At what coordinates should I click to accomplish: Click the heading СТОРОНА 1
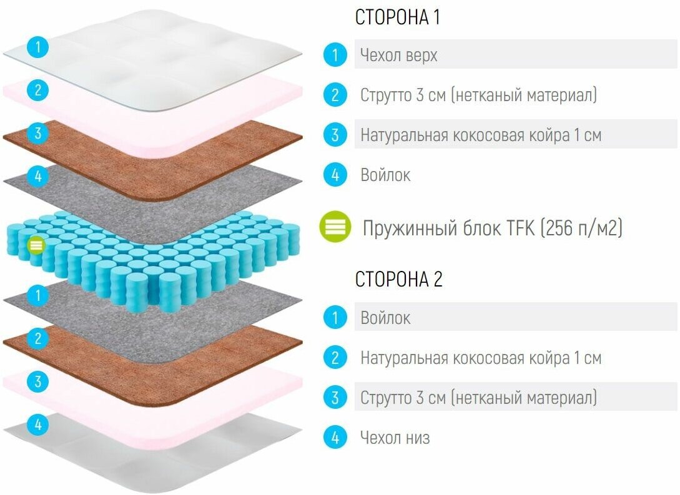[x=397, y=17]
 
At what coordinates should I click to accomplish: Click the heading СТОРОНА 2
[x=398, y=279]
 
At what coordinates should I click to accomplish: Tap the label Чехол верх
[x=398, y=56]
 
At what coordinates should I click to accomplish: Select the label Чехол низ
[x=395, y=438]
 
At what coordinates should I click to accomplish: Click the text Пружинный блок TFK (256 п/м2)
[x=493, y=228]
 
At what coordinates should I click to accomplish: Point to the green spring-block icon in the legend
[x=335, y=228]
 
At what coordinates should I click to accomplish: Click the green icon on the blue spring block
[x=36, y=245]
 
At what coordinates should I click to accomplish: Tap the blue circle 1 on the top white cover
[x=38, y=47]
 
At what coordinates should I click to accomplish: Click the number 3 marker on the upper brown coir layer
[x=38, y=133]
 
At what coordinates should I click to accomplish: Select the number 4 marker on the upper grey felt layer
[x=38, y=176]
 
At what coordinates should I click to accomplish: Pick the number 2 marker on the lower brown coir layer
[x=38, y=338]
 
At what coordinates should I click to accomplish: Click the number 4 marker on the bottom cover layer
[x=38, y=425]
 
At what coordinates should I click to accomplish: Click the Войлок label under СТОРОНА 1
[x=385, y=175]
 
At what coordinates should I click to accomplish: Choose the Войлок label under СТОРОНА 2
[x=385, y=318]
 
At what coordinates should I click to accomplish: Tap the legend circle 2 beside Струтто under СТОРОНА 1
[x=335, y=95]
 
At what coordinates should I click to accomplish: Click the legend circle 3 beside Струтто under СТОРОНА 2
[x=335, y=398]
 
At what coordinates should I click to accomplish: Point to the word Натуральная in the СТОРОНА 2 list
[x=404, y=358]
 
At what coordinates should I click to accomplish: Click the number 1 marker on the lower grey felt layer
[x=38, y=295]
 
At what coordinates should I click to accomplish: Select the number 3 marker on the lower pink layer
[x=38, y=381]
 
